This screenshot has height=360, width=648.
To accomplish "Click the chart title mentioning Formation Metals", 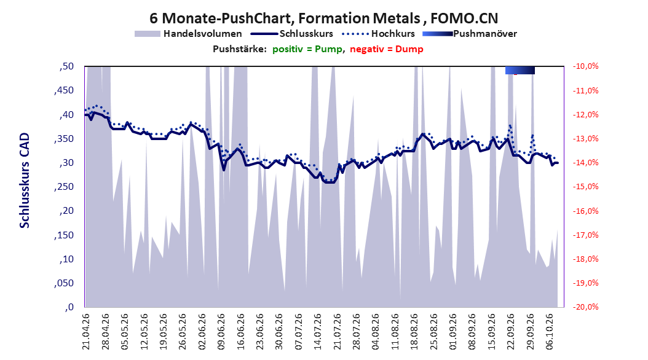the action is click(x=323, y=18).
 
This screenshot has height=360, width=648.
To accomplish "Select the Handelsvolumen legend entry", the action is click(x=188, y=34).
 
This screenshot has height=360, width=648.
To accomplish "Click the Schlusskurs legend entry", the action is click(x=292, y=34).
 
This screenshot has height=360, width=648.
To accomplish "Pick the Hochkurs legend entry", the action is click(x=378, y=34).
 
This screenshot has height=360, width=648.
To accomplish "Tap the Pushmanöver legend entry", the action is click(x=470, y=34).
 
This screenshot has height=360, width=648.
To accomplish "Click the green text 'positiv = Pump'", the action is click(x=307, y=49).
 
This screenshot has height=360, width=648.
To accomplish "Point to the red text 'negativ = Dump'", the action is click(x=387, y=49).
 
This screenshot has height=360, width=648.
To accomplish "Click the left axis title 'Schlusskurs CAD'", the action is click(x=25, y=181).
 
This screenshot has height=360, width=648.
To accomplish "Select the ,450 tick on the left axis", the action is click(x=64, y=90).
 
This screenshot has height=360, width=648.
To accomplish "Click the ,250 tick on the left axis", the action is click(x=64, y=187).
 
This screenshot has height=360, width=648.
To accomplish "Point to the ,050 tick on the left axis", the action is click(x=64, y=283).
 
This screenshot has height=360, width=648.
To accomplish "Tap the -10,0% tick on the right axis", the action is click(x=585, y=66).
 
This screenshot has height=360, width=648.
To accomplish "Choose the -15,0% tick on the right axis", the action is click(x=585, y=187).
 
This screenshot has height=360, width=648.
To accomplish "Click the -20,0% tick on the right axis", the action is click(x=585, y=307).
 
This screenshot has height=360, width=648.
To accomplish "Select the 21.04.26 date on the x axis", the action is click(x=86, y=332).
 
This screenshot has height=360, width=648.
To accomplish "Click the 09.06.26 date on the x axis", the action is click(x=221, y=332).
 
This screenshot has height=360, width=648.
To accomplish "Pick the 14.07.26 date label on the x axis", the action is click(x=318, y=332).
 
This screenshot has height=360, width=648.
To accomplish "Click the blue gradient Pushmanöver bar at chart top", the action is click(x=520, y=70).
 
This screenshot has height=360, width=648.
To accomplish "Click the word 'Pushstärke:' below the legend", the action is click(x=240, y=49).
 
